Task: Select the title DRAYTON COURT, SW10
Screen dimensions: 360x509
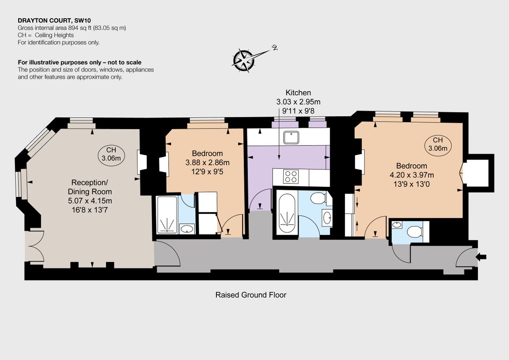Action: pos(55,20)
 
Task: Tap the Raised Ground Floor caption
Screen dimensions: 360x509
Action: pos(251,295)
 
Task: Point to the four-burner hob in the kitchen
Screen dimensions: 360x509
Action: pos(291,176)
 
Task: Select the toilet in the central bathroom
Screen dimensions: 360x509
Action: pos(319,198)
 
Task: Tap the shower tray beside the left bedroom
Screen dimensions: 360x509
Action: pos(166,215)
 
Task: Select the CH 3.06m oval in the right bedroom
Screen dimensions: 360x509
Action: pos(438,145)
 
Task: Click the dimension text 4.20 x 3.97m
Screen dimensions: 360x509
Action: pos(411,174)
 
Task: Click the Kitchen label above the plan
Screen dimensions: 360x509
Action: pos(298,93)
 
